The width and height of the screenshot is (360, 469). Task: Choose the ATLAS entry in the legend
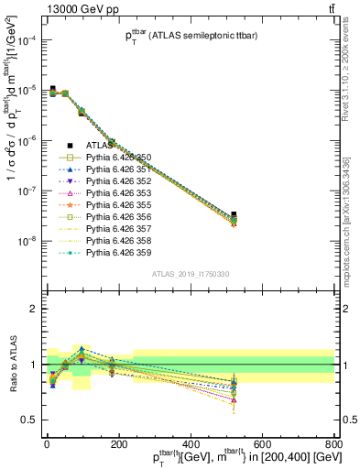tap(100, 145)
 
